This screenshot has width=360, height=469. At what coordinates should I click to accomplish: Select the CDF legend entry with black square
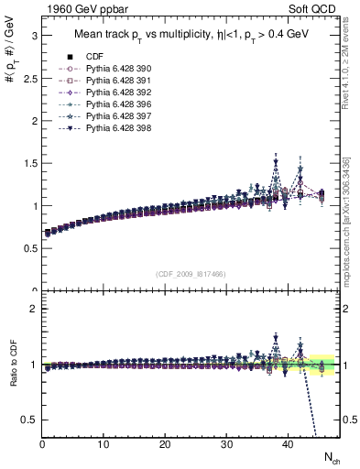point(93,58)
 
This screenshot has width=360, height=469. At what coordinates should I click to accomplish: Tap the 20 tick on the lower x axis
point(165,445)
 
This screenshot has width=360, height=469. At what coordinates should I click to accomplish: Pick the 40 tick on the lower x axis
point(288,445)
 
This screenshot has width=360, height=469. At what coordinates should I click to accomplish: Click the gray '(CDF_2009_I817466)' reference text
point(192,274)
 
